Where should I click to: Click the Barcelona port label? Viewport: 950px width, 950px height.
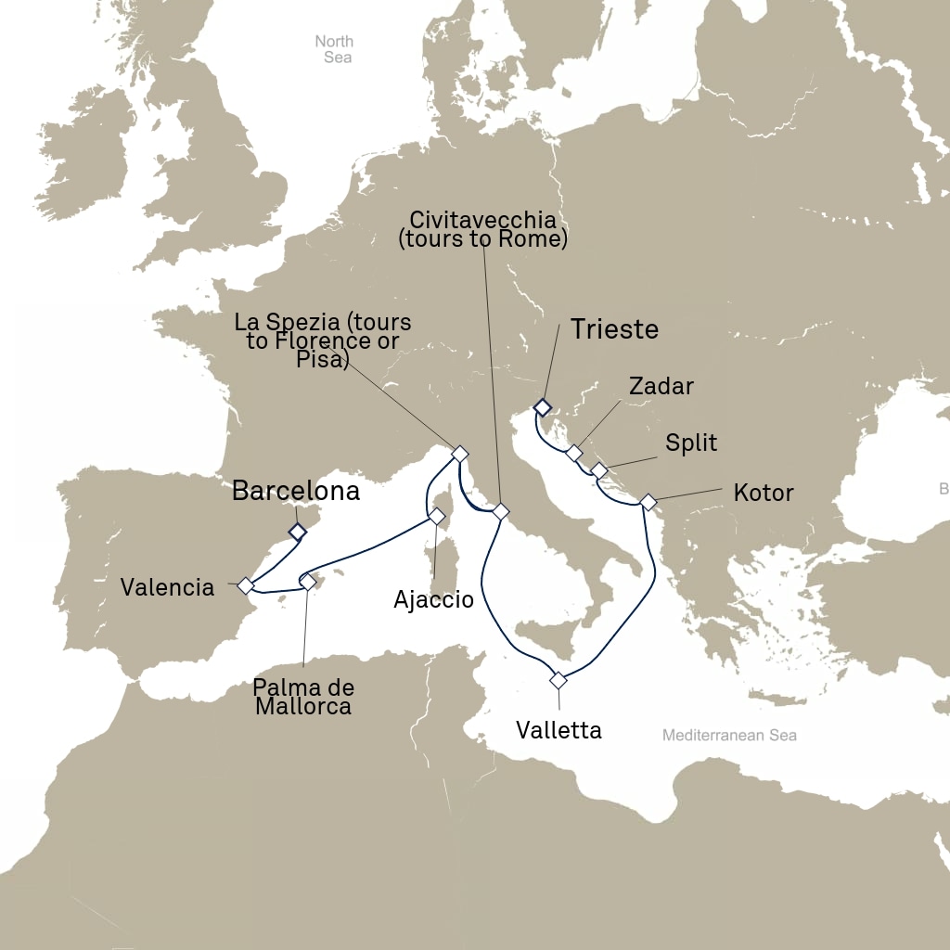(295, 491)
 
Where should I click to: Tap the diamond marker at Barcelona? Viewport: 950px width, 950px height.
(297, 532)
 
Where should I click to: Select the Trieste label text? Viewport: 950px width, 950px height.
(614, 329)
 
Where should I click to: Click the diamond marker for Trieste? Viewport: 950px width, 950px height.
(543, 407)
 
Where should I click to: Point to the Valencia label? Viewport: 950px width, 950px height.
(167, 587)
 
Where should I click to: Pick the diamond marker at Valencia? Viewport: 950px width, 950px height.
(246, 585)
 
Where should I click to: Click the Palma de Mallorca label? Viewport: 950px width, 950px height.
(304, 697)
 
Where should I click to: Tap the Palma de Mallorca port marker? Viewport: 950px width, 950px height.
(307, 582)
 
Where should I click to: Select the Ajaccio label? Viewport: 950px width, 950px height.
(433, 599)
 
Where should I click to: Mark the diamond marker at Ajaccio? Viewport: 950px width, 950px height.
(436, 515)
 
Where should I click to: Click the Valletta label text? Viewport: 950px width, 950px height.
(558, 730)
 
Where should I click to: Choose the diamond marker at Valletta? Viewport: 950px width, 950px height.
(558, 680)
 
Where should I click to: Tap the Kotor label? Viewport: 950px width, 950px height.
(763, 492)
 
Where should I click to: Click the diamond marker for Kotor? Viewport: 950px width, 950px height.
(648, 502)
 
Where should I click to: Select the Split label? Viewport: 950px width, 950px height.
(691, 443)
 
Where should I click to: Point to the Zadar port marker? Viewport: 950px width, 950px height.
(574, 453)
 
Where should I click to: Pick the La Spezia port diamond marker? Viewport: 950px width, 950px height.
(458, 454)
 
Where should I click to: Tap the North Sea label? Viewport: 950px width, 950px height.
(334, 49)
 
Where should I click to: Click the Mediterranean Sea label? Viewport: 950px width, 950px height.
(729, 736)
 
